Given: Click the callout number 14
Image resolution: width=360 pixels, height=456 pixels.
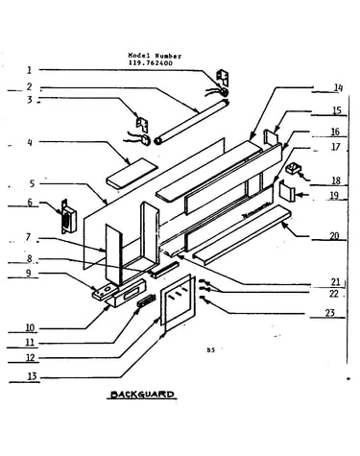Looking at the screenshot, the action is point(338,87).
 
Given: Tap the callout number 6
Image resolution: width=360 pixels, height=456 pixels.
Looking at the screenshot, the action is point(30,203).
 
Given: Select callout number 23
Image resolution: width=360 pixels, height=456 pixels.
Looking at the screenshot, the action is point(329,313).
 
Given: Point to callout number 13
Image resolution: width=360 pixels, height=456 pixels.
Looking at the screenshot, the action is point(33,376).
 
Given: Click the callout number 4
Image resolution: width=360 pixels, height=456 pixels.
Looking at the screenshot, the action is point(30,142).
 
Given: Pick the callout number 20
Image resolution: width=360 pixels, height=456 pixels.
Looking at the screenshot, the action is point(334,236).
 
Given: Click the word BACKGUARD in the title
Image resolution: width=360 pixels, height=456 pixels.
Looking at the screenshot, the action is point(142,395).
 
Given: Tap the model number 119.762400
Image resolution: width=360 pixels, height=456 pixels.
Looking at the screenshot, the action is point(150,63).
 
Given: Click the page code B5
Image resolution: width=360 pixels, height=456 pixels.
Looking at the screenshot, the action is point(210,349).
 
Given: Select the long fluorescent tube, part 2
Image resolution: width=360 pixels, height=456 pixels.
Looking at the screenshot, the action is point(191,121).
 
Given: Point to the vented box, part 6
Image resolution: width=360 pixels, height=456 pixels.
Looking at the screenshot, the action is point(68,216).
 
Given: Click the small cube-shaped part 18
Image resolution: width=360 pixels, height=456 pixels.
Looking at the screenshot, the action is point(293,168).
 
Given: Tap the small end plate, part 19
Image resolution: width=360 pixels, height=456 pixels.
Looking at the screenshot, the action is point(286,191).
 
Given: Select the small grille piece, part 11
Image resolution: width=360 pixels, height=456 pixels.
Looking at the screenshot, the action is point(147,300).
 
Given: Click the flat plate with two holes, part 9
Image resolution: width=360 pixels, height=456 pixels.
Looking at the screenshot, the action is point(105,293).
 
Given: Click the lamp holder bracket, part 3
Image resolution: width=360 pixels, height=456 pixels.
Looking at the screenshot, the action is point(142,123).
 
